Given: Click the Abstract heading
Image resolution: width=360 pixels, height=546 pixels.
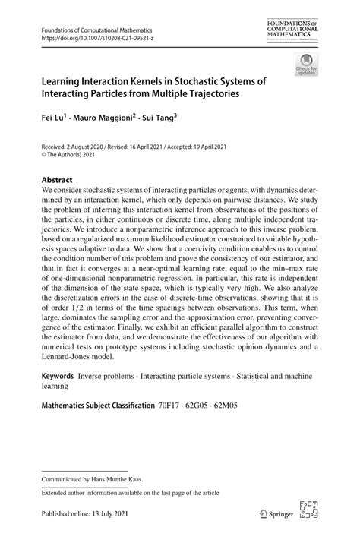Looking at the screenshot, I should point(58,181).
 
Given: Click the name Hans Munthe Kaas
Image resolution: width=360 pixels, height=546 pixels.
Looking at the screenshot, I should point(125,479).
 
